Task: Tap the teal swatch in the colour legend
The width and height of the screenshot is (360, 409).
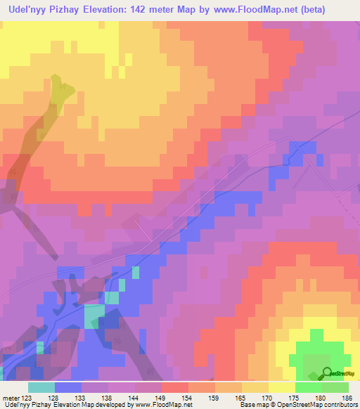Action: coord(41,387)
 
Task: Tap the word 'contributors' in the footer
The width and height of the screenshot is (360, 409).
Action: coord(339,405)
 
